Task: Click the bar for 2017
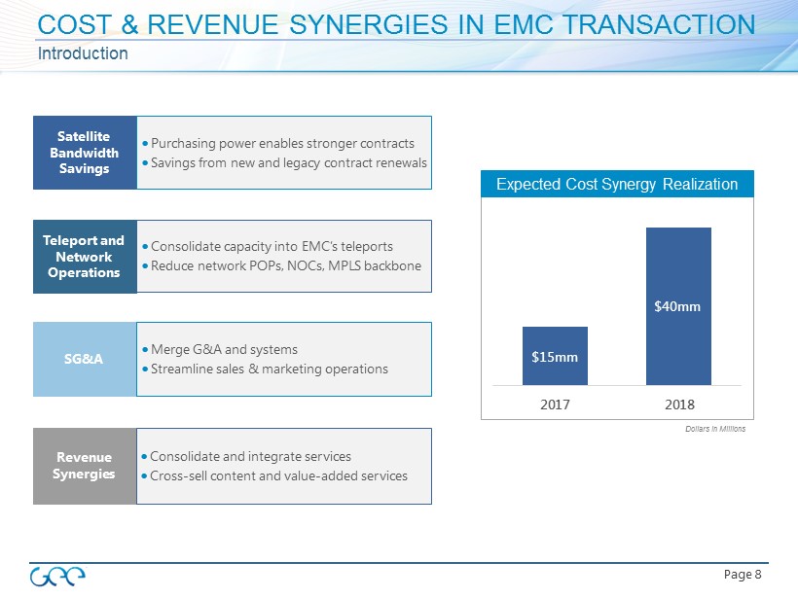click(555, 356)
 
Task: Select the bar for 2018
click(678, 305)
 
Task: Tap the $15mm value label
click(555, 357)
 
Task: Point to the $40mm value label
click(678, 307)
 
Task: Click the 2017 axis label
click(555, 402)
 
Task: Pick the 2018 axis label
click(678, 402)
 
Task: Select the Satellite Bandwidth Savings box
click(85, 153)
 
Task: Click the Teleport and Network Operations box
click(85, 257)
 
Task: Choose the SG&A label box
click(85, 359)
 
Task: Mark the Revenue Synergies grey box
click(85, 466)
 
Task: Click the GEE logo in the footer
click(57, 576)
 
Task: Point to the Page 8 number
click(744, 575)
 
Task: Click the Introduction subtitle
click(83, 53)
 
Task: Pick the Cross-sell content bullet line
click(273, 475)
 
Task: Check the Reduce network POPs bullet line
click(280, 266)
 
